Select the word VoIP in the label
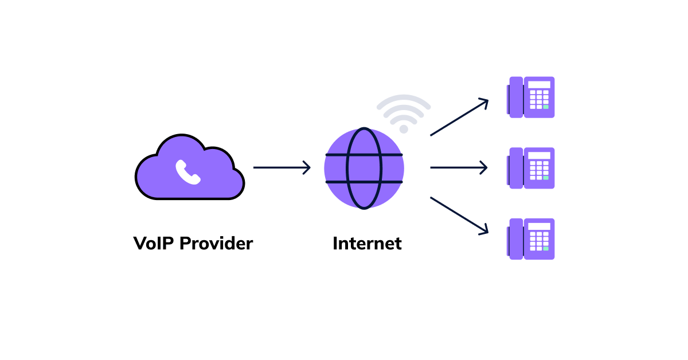154,243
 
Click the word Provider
216,243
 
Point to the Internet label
367,243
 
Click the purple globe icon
364,168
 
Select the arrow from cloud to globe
282,168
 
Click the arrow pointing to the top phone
459,118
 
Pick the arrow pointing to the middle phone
459,168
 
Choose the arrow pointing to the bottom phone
459,216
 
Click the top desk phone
531,97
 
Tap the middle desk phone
531,168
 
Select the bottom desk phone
531,239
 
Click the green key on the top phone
546,107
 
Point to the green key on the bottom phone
546,248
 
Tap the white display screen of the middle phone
539,155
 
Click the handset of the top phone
515,97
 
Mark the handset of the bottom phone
515,239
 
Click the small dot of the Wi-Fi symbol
404,129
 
